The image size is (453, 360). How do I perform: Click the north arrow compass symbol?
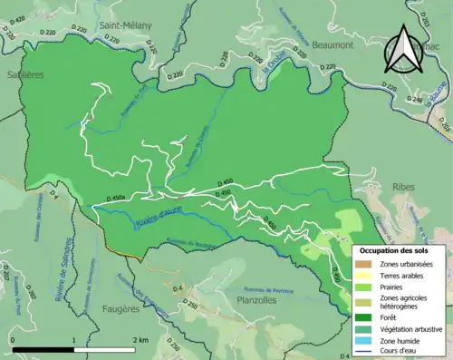pos(403,50)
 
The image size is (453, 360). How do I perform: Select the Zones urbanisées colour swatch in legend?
pos(366,263)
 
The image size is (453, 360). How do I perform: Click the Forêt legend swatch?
pos(366,317)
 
